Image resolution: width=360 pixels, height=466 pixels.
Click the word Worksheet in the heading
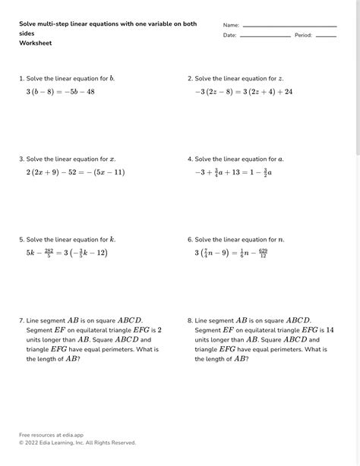35,43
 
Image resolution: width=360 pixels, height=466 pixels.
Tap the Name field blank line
289,27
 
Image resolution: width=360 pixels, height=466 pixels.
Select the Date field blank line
265,36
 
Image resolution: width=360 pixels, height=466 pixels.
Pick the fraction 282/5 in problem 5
49,253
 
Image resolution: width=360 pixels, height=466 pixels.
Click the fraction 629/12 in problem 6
262,253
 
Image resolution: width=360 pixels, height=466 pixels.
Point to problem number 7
21,320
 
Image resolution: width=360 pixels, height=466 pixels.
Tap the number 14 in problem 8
330,330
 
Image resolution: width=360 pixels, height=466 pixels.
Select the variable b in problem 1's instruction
112,78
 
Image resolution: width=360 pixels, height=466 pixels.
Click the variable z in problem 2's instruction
280,78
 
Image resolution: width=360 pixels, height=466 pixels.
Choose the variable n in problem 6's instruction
281,240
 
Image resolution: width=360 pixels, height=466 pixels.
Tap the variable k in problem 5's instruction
112,240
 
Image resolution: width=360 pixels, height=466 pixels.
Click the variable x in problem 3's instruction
112,159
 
